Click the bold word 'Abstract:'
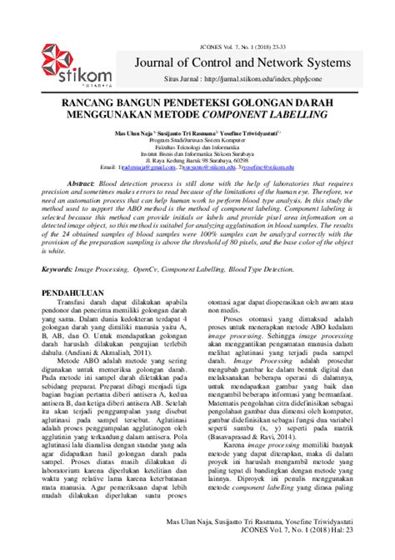click(81, 182)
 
